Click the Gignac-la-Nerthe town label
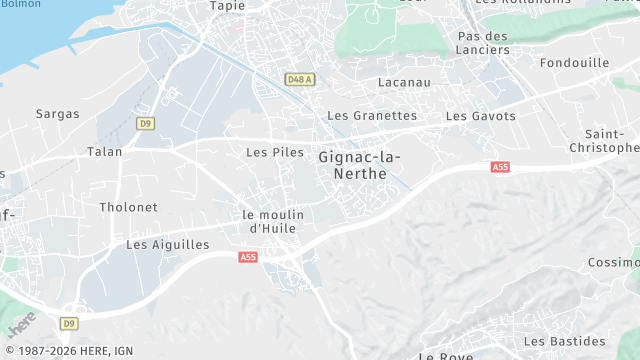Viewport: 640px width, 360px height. point(360,165)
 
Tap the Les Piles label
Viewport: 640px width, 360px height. point(274,152)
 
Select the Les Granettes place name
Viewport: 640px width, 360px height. point(373,116)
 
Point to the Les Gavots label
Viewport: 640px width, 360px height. point(481,116)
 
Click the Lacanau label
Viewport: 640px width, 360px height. point(404,82)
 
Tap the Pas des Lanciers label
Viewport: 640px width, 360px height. point(483,43)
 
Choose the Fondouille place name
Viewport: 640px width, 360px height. point(574,62)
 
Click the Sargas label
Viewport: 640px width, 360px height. point(57,114)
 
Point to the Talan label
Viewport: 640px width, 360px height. point(104,152)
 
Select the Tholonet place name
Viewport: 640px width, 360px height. point(128,207)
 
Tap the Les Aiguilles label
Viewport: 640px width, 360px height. point(168,244)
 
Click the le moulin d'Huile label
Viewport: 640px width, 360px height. point(273,221)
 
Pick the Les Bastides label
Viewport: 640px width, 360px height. point(564,341)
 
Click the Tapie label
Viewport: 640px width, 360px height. point(227,6)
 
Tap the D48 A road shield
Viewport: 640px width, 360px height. point(299,79)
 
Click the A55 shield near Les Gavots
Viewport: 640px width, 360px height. point(500,168)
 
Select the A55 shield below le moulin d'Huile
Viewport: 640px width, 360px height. point(248,258)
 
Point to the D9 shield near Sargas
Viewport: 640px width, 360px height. point(146,123)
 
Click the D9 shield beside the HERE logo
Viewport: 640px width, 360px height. point(68,323)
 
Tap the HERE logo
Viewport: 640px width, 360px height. point(21,325)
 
